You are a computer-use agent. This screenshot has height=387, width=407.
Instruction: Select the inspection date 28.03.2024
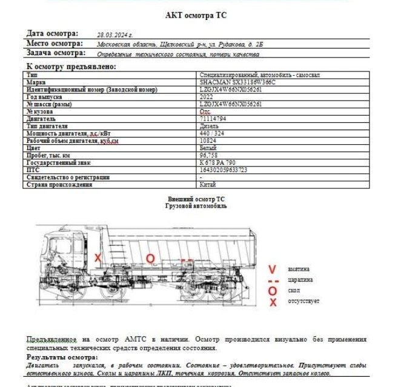click(114, 35)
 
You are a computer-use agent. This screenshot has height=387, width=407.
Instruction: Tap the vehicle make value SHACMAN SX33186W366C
click(237, 82)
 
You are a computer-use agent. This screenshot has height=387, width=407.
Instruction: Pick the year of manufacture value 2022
click(207, 97)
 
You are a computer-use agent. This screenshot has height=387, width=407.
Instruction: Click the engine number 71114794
click(213, 119)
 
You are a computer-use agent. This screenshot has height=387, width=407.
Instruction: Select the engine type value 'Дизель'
click(209, 126)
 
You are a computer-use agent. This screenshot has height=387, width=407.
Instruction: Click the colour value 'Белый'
click(208, 148)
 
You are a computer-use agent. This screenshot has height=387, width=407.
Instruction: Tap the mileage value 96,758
click(209, 156)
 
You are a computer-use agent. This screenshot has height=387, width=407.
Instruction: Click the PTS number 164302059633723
click(223, 170)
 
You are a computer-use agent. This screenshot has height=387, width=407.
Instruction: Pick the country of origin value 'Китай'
click(208, 185)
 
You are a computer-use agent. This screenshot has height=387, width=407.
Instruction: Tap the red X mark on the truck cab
click(98, 257)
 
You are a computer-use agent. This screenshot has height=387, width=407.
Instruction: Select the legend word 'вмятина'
click(299, 269)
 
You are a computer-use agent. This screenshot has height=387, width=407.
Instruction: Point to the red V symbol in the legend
click(273, 269)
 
